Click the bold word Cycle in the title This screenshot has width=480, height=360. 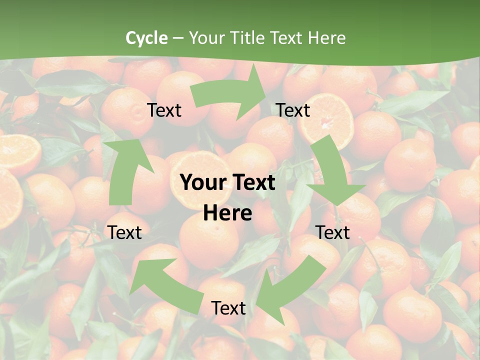[x=146, y=38]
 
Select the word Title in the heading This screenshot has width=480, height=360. [x=248, y=38]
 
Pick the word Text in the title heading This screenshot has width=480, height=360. [x=287, y=38]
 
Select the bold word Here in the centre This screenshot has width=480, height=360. [x=227, y=213]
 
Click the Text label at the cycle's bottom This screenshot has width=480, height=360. [x=228, y=308]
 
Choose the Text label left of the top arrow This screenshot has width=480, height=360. [x=164, y=110]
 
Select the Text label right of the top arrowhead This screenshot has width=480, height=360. [x=293, y=110]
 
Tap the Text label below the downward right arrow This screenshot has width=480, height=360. [x=332, y=232]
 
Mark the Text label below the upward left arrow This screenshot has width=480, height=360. [x=124, y=232]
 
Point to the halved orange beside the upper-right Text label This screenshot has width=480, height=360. [x=327, y=120]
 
